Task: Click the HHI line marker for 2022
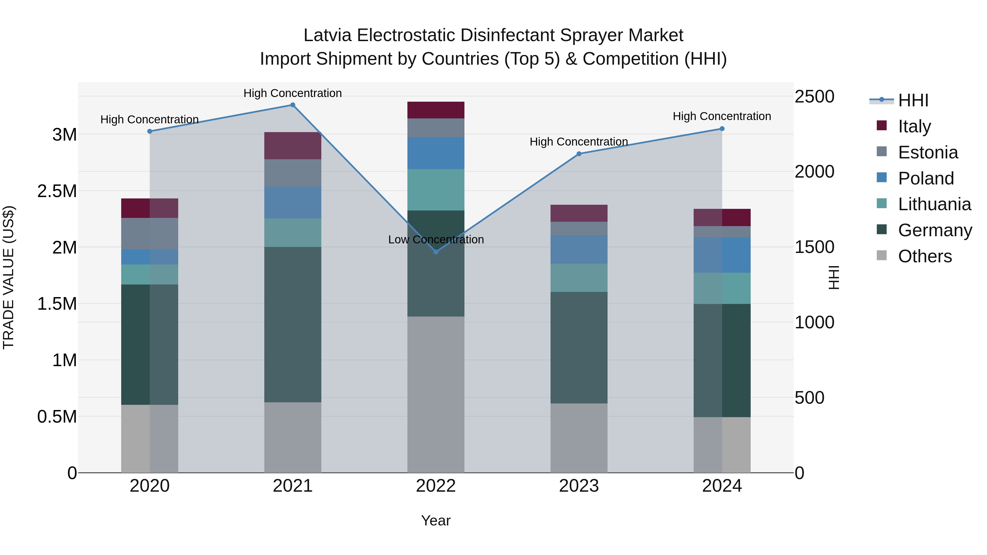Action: pyautogui.click(x=436, y=252)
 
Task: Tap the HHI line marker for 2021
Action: pyautogui.click(x=293, y=105)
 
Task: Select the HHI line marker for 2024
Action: pyautogui.click(x=722, y=129)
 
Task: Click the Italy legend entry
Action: pyautogui.click(x=914, y=126)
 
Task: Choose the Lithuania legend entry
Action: pyautogui.click(x=934, y=204)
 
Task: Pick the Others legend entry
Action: pyautogui.click(x=924, y=256)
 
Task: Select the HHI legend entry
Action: pyautogui.click(x=913, y=100)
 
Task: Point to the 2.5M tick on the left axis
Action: pyautogui.click(x=57, y=191)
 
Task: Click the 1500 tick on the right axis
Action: pyautogui.click(x=814, y=247)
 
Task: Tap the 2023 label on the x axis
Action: pyautogui.click(x=578, y=486)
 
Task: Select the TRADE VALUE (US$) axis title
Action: pyautogui.click(x=8, y=277)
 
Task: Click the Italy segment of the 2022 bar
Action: pyautogui.click(x=436, y=110)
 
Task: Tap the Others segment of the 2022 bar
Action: pyautogui.click(x=436, y=394)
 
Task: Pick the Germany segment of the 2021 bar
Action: pyautogui.click(x=293, y=325)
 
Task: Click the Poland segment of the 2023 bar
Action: pyautogui.click(x=578, y=249)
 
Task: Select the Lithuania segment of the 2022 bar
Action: pyautogui.click(x=436, y=190)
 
